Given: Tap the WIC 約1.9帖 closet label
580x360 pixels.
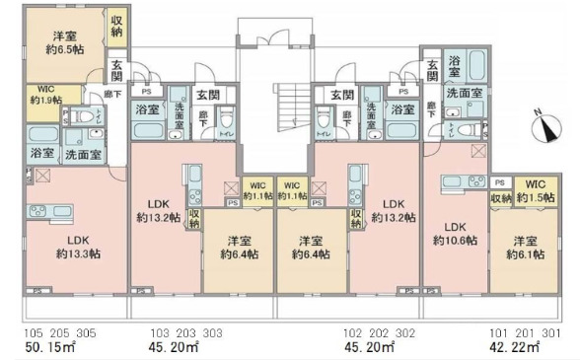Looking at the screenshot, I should [x=44, y=95].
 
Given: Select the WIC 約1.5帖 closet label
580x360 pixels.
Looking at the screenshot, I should [x=535, y=190].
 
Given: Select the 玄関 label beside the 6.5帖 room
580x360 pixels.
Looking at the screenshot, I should [x=117, y=71].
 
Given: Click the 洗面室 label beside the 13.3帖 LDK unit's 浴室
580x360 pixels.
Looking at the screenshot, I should [x=83, y=155].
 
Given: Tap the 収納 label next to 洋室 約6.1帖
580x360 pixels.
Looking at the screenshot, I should [x=501, y=198].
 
